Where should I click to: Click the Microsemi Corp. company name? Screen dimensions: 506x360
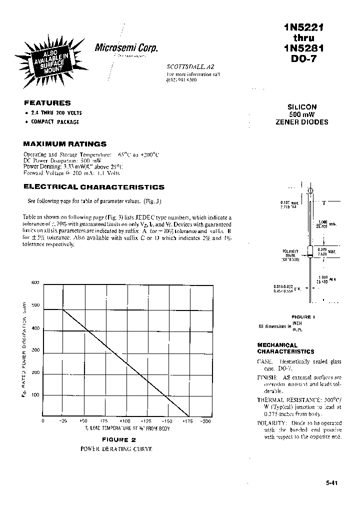126,47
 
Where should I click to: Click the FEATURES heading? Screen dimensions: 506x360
47,102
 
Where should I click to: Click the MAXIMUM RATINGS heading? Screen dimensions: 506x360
65,143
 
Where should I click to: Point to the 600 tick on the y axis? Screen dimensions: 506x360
35,283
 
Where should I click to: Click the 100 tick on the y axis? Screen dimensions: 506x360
35,395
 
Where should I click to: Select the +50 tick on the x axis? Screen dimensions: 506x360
83,421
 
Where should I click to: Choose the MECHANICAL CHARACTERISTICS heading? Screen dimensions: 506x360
285,348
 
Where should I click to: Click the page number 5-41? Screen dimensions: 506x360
331,483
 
